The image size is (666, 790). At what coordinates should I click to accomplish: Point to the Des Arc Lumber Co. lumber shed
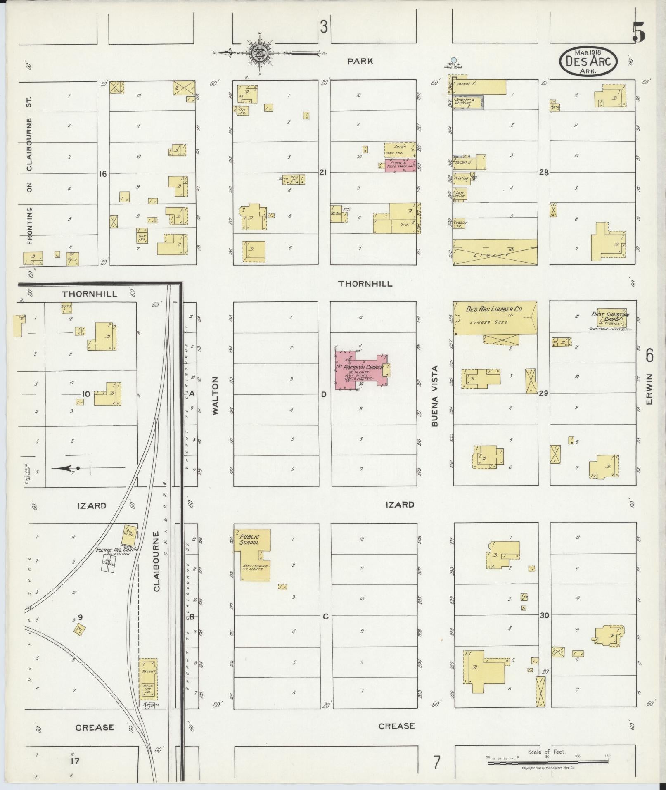tap(495, 318)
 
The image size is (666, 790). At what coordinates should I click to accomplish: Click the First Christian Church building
tap(611, 318)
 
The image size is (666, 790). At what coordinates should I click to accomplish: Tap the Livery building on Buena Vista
tap(495, 251)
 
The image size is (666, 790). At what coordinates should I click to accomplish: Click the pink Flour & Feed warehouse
tap(400, 166)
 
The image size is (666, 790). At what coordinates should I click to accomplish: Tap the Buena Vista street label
tap(435, 396)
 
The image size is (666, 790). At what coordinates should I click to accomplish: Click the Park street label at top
tap(360, 61)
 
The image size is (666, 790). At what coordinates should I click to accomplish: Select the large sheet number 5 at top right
tap(638, 32)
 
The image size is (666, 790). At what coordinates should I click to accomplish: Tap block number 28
tap(544, 173)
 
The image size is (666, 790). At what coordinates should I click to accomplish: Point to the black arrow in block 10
tap(66, 468)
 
